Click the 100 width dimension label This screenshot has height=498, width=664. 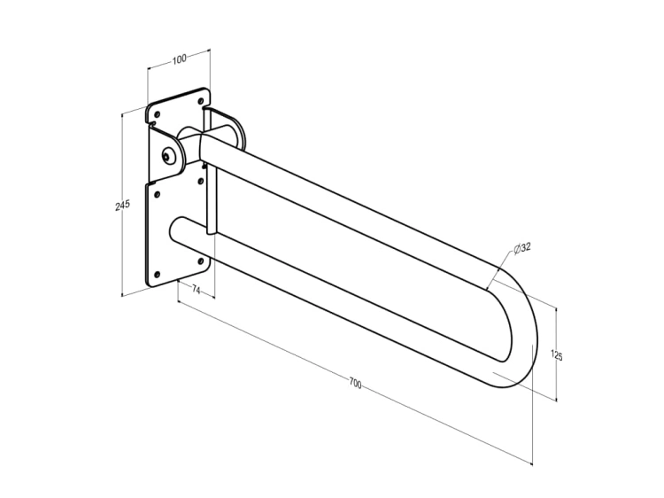tap(179, 58)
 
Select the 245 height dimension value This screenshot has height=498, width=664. tap(122, 205)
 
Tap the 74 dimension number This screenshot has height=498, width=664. tap(196, 290)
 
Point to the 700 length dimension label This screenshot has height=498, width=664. tap(355, 384)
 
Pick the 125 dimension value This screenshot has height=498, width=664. tap(557, 354)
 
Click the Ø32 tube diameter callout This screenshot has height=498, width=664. tap(522, 247)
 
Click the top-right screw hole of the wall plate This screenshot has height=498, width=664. tap(201, 101)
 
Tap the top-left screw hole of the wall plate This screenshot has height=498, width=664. tap(157, 114)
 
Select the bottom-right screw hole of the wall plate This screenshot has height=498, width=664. tap(201, 261)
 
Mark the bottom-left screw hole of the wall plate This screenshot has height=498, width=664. tap(157, 275)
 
